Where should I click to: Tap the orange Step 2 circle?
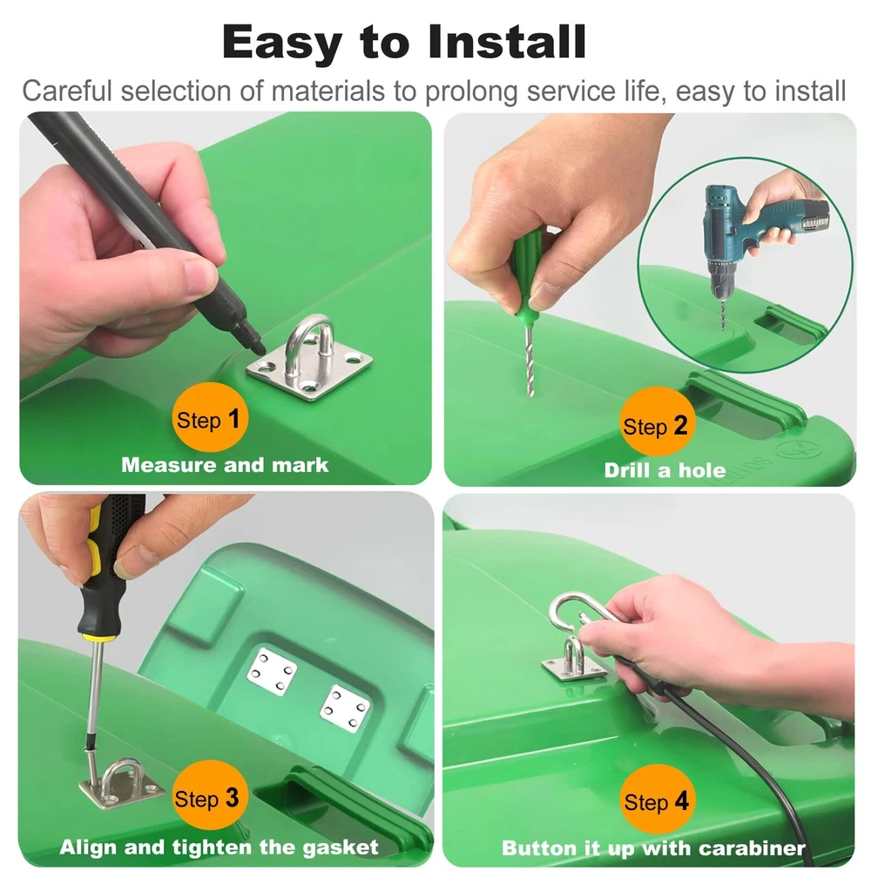coord(656,422)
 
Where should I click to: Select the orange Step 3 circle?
coord(208,795)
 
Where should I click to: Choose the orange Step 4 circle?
coord(656,799)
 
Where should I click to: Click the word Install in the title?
coord(507,42)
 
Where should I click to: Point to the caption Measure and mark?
coord(225,465)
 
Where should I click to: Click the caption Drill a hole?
coord(665,470)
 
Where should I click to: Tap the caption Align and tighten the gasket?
coord(219,847)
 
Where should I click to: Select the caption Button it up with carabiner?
coord(653,848)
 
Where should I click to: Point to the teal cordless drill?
coord(755,233)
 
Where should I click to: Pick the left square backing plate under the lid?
coord(272,671)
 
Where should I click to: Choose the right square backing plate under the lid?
coord(345,709)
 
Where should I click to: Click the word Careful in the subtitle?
coord(67,91)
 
